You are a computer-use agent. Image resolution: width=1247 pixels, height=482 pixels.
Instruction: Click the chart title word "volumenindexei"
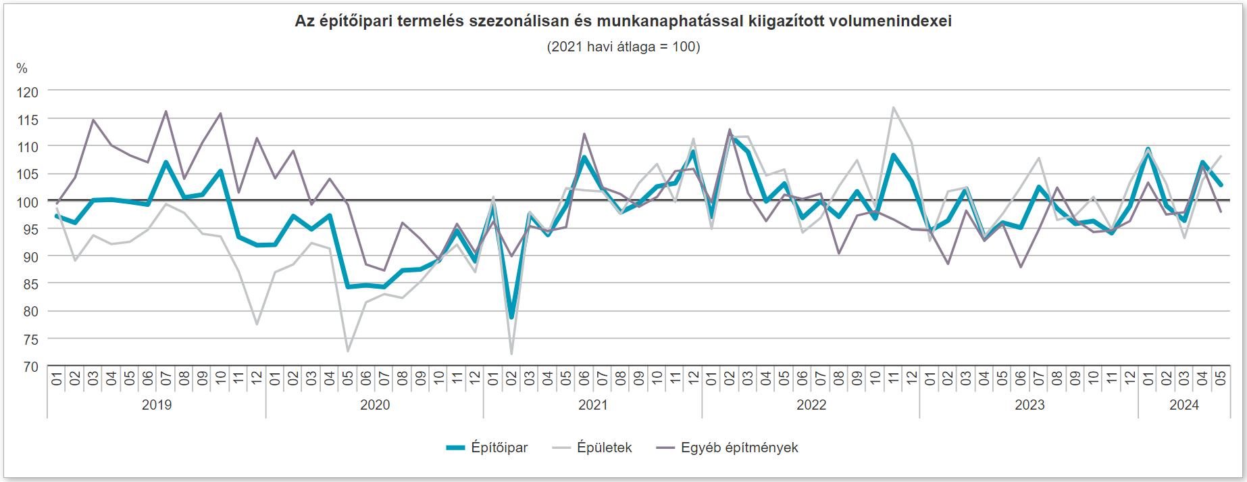pyautogui.click(x=890, y=21)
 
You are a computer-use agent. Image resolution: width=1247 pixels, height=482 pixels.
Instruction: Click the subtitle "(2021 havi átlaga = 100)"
pyautogui.click(x=623, y=47)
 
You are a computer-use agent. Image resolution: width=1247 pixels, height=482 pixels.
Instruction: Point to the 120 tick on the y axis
pyautogui.click(x=28, y=92)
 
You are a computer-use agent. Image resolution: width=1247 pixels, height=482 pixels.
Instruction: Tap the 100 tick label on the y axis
pyautogui.click(x=28, y=201)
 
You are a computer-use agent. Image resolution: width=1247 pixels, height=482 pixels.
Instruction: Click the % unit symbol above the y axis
pyautogui.click(x=22, y=68)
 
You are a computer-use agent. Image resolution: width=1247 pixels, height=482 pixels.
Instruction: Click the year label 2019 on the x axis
pyautogui.click(x=157, y=405)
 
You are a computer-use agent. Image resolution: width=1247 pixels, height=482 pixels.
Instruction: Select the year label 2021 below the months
pyautogui.click(x=592, y=405)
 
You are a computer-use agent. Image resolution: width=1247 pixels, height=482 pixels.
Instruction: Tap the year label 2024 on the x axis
pyautogui.click(x=1184, y=405)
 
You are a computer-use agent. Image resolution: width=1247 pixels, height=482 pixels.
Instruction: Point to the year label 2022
pyautogui.click(x=811, y=405)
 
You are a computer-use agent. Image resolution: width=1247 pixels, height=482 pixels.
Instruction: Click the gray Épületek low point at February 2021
pyautogui.click(x=511, y=354)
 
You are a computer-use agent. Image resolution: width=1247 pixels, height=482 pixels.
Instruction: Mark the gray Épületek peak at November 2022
pyautogui.click(x=894, y=107)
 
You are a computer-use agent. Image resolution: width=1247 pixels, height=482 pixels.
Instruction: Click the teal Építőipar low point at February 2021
pyautogui.click(x=511, y=317)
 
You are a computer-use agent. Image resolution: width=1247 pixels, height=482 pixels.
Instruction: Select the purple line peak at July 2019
pyautogui.click(x=166, y=112)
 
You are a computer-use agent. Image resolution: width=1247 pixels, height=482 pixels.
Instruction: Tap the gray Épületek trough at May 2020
pyautogui.click(x=348, y=351)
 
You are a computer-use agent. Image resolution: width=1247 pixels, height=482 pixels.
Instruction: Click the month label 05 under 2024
pyautogui.click(x=1221, y=379)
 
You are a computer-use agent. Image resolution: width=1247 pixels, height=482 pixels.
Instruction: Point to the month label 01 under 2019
pyautogui.click(x=57, y=379)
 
